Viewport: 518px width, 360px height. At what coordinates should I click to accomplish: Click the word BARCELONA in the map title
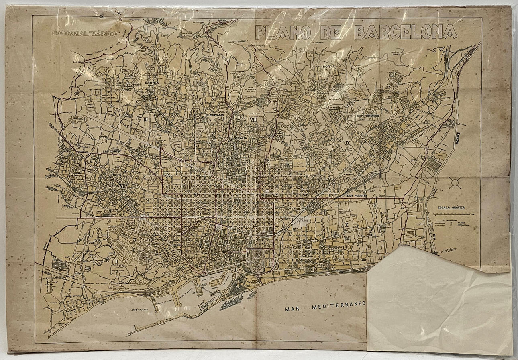[406, 32]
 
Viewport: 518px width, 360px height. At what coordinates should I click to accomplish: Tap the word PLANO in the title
[283, 32]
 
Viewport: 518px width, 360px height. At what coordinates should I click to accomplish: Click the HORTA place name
[328, 67]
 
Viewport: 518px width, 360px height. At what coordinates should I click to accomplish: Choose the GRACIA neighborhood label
[242, 138]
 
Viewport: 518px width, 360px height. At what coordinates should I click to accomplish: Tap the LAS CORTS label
[111, 151]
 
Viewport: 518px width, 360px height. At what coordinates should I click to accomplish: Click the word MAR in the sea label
[293, 309]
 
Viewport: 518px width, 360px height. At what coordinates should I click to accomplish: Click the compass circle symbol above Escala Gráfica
[455, 183]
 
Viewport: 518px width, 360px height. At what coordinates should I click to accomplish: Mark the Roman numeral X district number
[347, 225]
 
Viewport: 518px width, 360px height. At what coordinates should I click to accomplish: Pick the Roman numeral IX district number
[348, 143]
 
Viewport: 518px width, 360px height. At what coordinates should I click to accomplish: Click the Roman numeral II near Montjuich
[116, 261]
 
